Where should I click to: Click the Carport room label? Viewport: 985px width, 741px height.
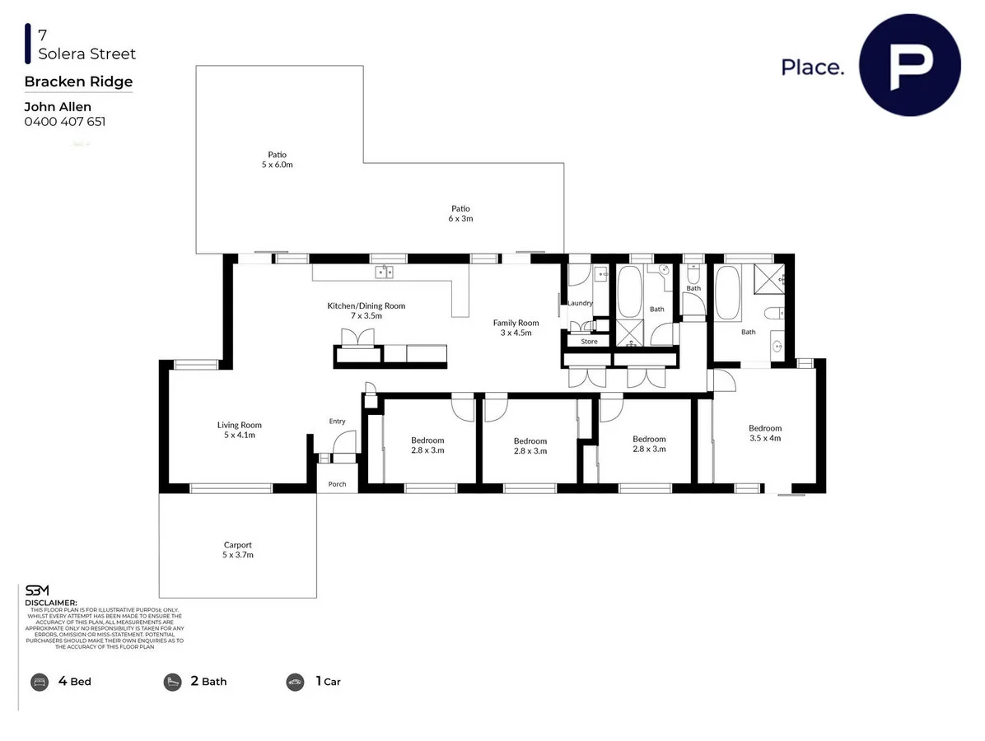[x=238, y=550]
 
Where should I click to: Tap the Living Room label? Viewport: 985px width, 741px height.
[x=240, y=430]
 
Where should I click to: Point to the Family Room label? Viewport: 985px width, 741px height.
[x=516, y=328]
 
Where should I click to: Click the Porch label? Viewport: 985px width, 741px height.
[x=338, y=484]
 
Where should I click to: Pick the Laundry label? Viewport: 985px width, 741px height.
[x=580, y=303]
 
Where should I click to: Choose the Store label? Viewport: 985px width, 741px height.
[x=589, y=341]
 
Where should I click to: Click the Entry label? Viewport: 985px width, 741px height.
[x=337, y=422]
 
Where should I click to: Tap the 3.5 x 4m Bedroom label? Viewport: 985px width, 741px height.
[x=765, y=433]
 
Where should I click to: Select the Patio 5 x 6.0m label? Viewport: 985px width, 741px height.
[x=277, y=159]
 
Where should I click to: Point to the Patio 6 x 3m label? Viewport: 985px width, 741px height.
[x=460, y=213]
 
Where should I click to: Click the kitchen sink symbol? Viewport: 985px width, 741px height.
[x=385, y=272]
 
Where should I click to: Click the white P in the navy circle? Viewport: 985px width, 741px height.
[x=909, y=65]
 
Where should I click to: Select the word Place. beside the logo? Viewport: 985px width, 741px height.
[x=812, y=68]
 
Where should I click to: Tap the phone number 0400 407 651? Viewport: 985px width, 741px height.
[x=65, y=122]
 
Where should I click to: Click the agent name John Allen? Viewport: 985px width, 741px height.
[x=58, y=106]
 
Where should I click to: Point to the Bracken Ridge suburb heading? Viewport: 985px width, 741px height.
[x=78, y=82]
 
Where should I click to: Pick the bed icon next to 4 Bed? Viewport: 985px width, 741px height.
[x=40, y=682]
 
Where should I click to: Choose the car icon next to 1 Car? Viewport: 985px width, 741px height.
[x=295, y=682]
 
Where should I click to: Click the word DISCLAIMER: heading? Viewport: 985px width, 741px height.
[x=51, y=603]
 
